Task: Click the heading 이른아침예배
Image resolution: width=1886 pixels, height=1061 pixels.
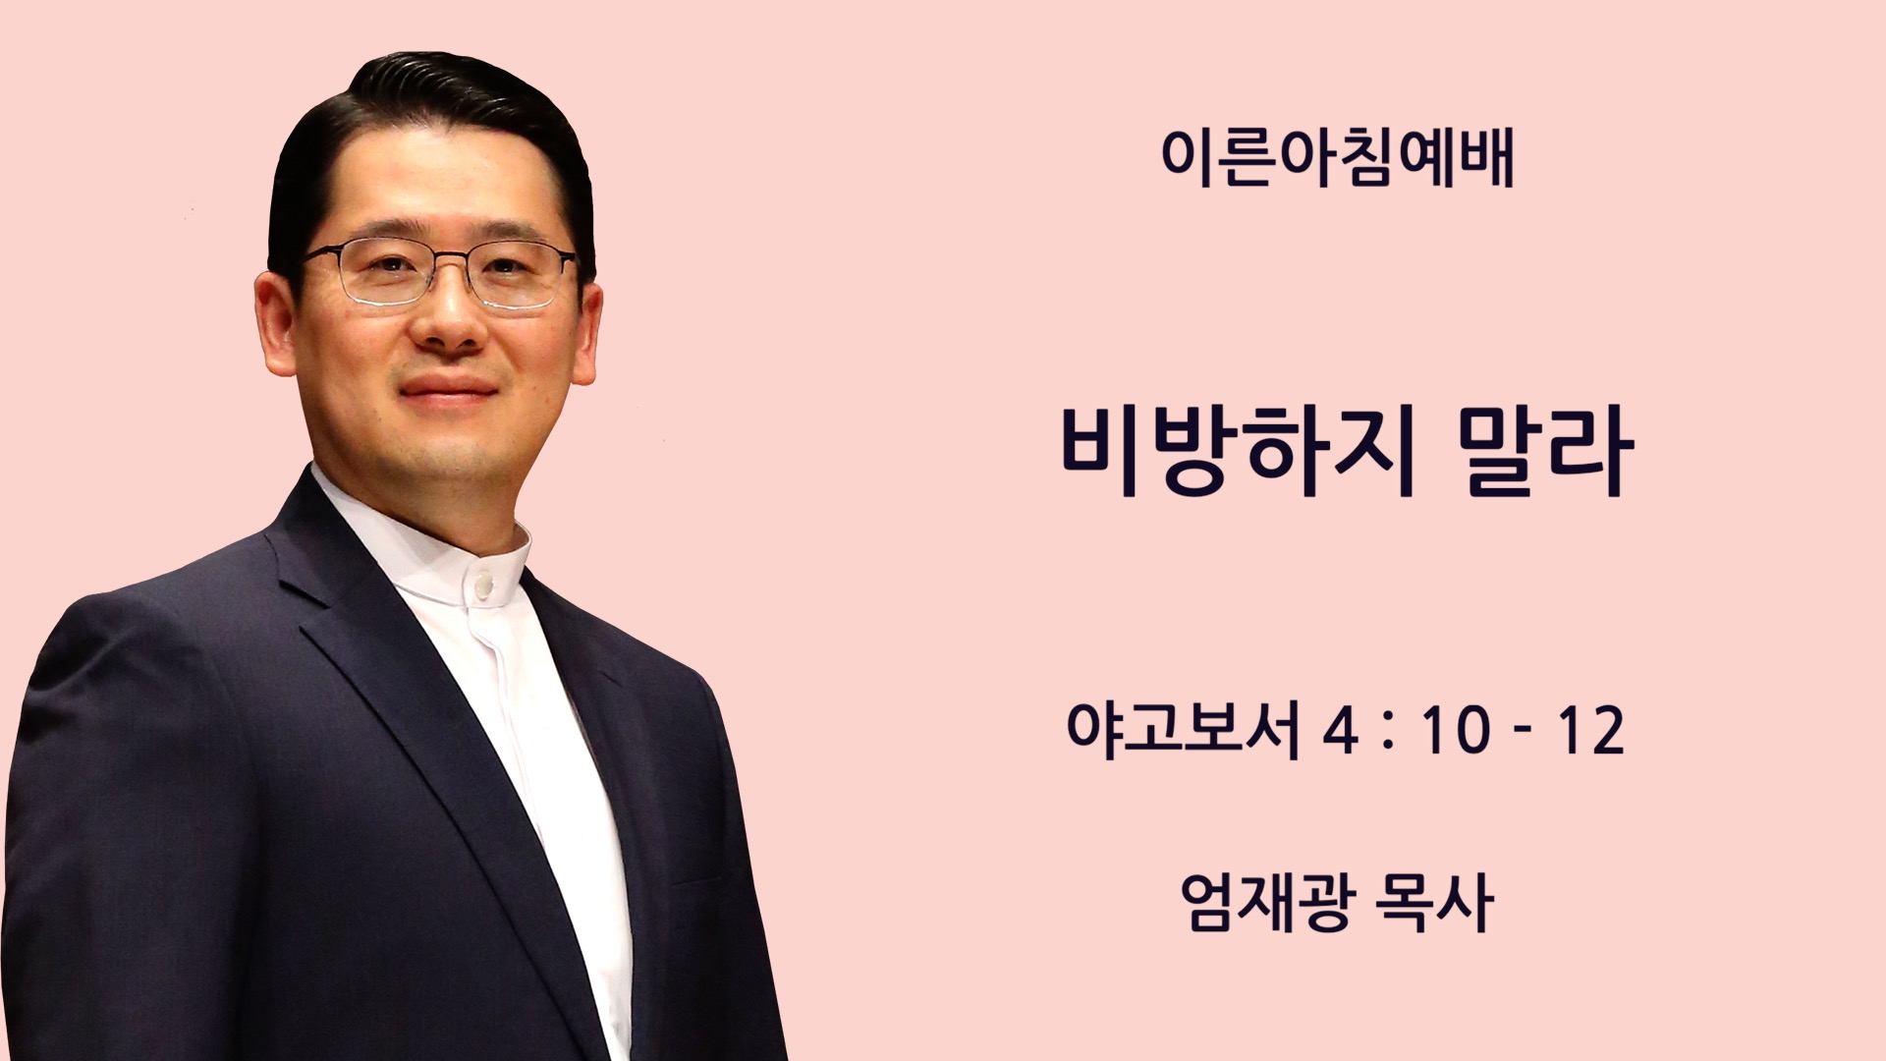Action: click(1337, 157)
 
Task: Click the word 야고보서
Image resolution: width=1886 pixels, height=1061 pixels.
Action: click(1183, 729)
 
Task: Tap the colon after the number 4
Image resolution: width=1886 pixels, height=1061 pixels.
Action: click(1387, 732)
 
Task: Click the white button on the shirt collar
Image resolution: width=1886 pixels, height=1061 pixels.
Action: click(482, 586)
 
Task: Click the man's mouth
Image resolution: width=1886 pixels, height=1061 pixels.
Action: click(448, 387)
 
